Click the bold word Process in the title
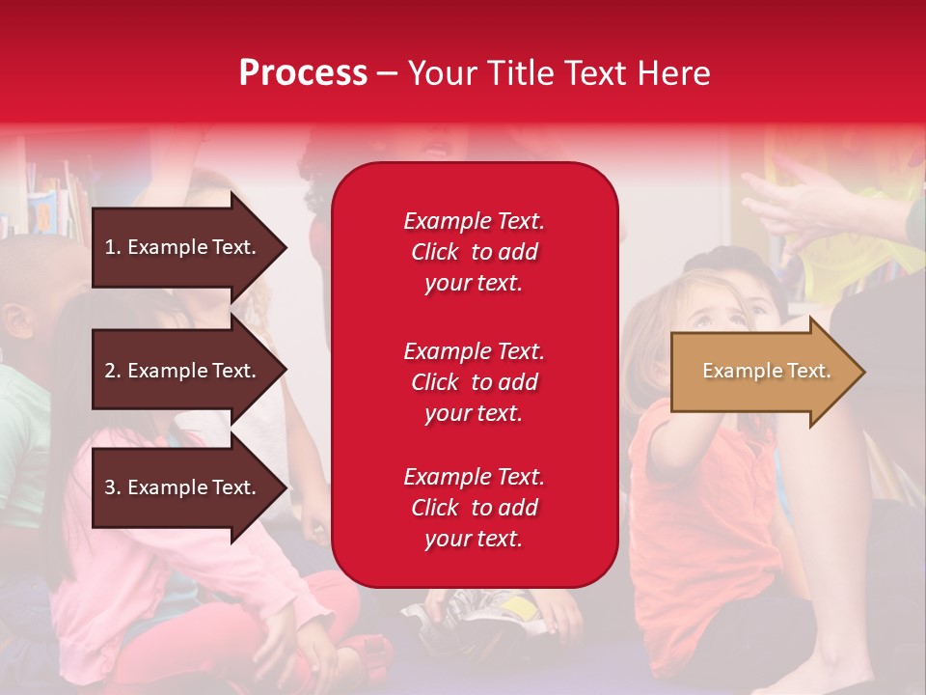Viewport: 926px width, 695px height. (303, 73)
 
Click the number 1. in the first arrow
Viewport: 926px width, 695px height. (113, 247)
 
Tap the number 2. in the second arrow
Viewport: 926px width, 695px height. (113, 371)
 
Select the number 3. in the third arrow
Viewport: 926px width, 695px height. (113, 487)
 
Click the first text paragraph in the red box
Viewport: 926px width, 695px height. (474, 252)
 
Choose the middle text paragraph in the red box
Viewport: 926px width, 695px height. (474, 382)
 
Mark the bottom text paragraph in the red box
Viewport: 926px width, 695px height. (474, 508)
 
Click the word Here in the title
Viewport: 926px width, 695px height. (675, 73)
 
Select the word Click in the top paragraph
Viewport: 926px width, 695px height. (434, 252)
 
